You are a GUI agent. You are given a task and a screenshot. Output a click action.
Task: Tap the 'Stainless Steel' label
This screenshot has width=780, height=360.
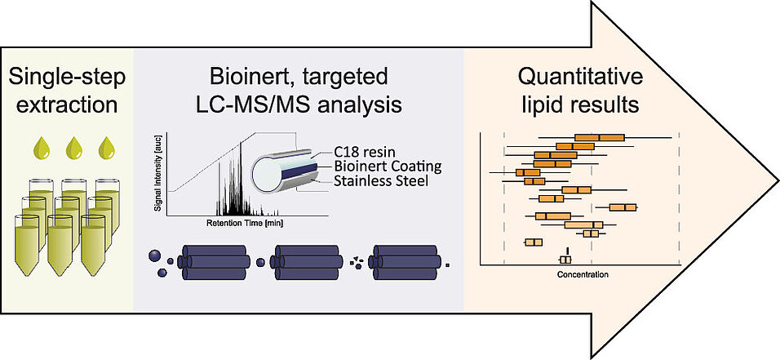380,180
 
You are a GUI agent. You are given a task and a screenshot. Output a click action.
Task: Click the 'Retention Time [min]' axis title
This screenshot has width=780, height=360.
244,223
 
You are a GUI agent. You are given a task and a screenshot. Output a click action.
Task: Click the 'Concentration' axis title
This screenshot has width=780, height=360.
583,274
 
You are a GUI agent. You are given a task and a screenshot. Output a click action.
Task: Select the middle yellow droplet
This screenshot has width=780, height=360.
74,148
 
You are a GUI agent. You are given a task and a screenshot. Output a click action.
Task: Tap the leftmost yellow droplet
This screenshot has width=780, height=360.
42,148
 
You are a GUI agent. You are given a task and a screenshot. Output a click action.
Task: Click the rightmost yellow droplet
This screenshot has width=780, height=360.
106,148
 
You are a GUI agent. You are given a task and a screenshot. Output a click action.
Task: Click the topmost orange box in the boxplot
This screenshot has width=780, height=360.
599,137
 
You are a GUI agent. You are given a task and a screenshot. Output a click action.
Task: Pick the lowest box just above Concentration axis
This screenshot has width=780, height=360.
565,260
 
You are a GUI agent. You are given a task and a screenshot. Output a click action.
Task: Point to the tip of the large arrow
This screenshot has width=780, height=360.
778,180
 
